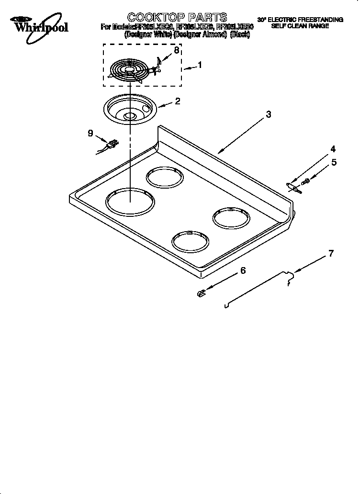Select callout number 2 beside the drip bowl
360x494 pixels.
[177, 101]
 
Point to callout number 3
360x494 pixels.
[269, 114]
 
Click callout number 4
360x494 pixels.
[333, 149]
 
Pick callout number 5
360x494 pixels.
[334, 162]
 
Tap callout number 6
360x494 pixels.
[243, 270]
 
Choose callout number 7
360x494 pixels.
[331, 253]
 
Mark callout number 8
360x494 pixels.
[177, 50]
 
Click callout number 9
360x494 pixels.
[90, 134]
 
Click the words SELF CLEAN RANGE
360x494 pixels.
[300, 26]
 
